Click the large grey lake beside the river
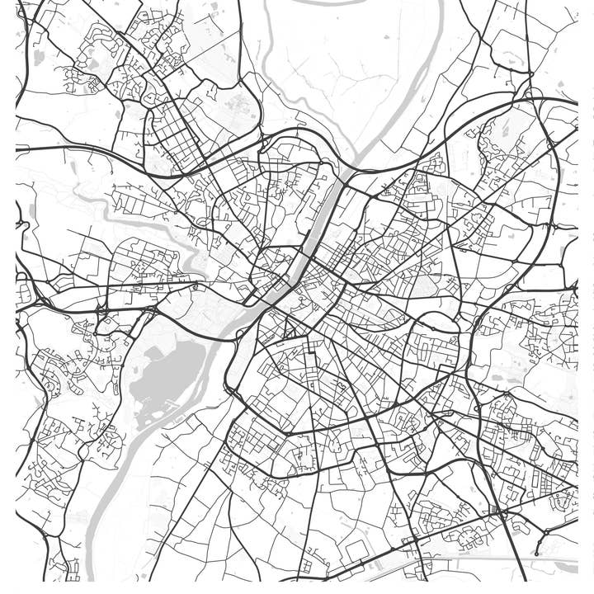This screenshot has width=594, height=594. (169, 371)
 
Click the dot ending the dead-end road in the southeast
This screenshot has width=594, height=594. (537, 554)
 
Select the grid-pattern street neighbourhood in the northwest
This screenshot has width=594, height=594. (173, 132)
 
